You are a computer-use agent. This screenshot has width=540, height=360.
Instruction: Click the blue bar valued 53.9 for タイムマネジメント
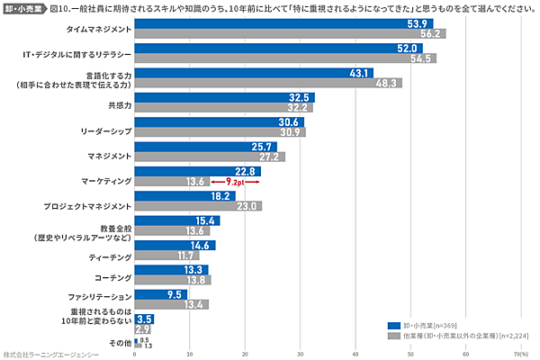283,23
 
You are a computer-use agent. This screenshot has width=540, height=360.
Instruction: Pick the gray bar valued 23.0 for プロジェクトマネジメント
197,205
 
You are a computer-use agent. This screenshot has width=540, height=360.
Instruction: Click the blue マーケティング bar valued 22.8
197,170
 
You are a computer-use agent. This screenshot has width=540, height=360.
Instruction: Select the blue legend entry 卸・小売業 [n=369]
423,324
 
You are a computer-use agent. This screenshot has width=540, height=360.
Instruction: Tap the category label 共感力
119,104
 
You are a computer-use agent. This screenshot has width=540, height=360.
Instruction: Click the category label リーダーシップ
105,130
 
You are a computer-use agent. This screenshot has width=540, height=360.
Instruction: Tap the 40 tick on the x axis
355,354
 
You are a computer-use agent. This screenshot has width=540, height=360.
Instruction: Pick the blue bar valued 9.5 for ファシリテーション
160,293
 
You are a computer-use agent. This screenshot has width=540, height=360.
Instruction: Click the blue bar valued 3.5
144,319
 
